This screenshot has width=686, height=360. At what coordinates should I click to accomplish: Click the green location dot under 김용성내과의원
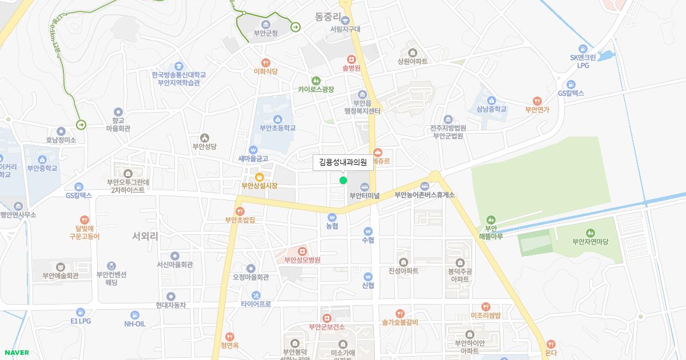tap(343, 181)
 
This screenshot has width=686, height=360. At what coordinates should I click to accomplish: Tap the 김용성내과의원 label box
tap(343, 162)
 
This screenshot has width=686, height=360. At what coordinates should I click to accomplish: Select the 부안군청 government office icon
tap(265, 24)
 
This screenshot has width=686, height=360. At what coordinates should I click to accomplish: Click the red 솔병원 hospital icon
tap(352, 58)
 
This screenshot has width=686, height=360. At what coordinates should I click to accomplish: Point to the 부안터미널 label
tap(365, 195)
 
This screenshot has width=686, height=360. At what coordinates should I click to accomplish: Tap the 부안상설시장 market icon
tap(259, 177)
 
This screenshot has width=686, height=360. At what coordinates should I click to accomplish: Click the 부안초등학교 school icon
tap(278, 119)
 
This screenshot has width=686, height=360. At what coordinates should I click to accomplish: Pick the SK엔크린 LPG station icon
tap(583, 49)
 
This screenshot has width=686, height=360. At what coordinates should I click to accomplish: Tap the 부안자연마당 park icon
tap(591, 233)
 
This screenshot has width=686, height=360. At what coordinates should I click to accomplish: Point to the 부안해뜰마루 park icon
tap(490, 220)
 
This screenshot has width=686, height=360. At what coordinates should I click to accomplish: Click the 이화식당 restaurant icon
tap(265, 62)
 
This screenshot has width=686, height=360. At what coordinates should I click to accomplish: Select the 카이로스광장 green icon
tap(316, 81)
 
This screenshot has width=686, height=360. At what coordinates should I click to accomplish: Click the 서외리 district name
tap(145, 235)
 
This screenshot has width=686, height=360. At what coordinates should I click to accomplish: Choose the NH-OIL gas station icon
tap(135, 314)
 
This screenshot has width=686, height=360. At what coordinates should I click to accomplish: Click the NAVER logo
tap(15, 353)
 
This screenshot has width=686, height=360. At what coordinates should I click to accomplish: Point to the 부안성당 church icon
tap(205, 138)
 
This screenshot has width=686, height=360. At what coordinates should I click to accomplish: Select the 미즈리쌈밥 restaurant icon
tap(485, 307)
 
